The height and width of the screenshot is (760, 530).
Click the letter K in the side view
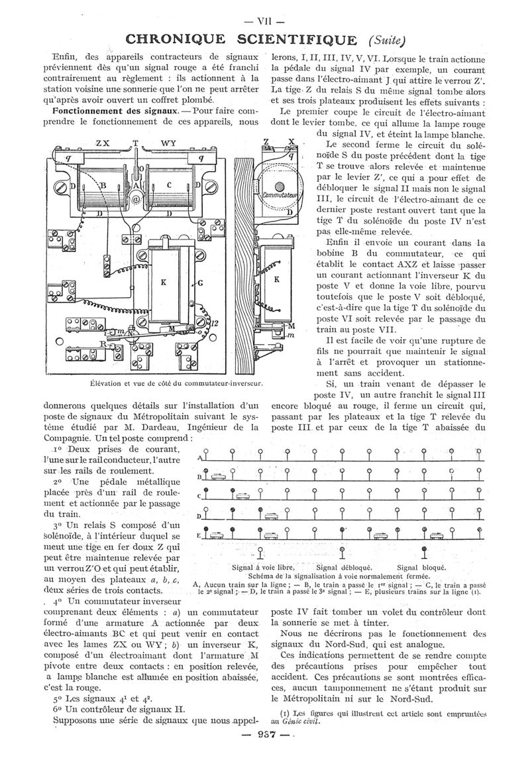(x=276, y=279)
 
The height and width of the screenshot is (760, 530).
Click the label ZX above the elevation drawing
(x=103, y=143)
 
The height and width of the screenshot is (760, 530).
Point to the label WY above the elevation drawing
(x=168, y=143)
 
